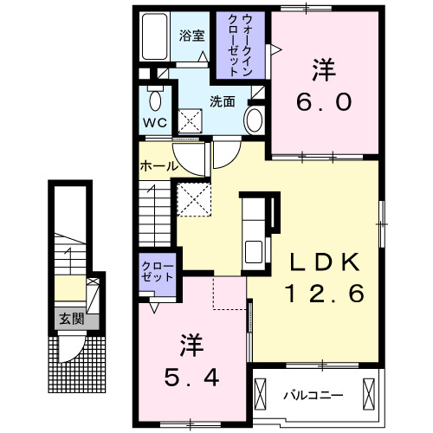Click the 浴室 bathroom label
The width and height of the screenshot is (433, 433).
tap(192, 36)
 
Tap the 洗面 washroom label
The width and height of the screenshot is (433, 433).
tap(223, 101)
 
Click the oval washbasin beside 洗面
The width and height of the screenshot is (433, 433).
tap(255, 119)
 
